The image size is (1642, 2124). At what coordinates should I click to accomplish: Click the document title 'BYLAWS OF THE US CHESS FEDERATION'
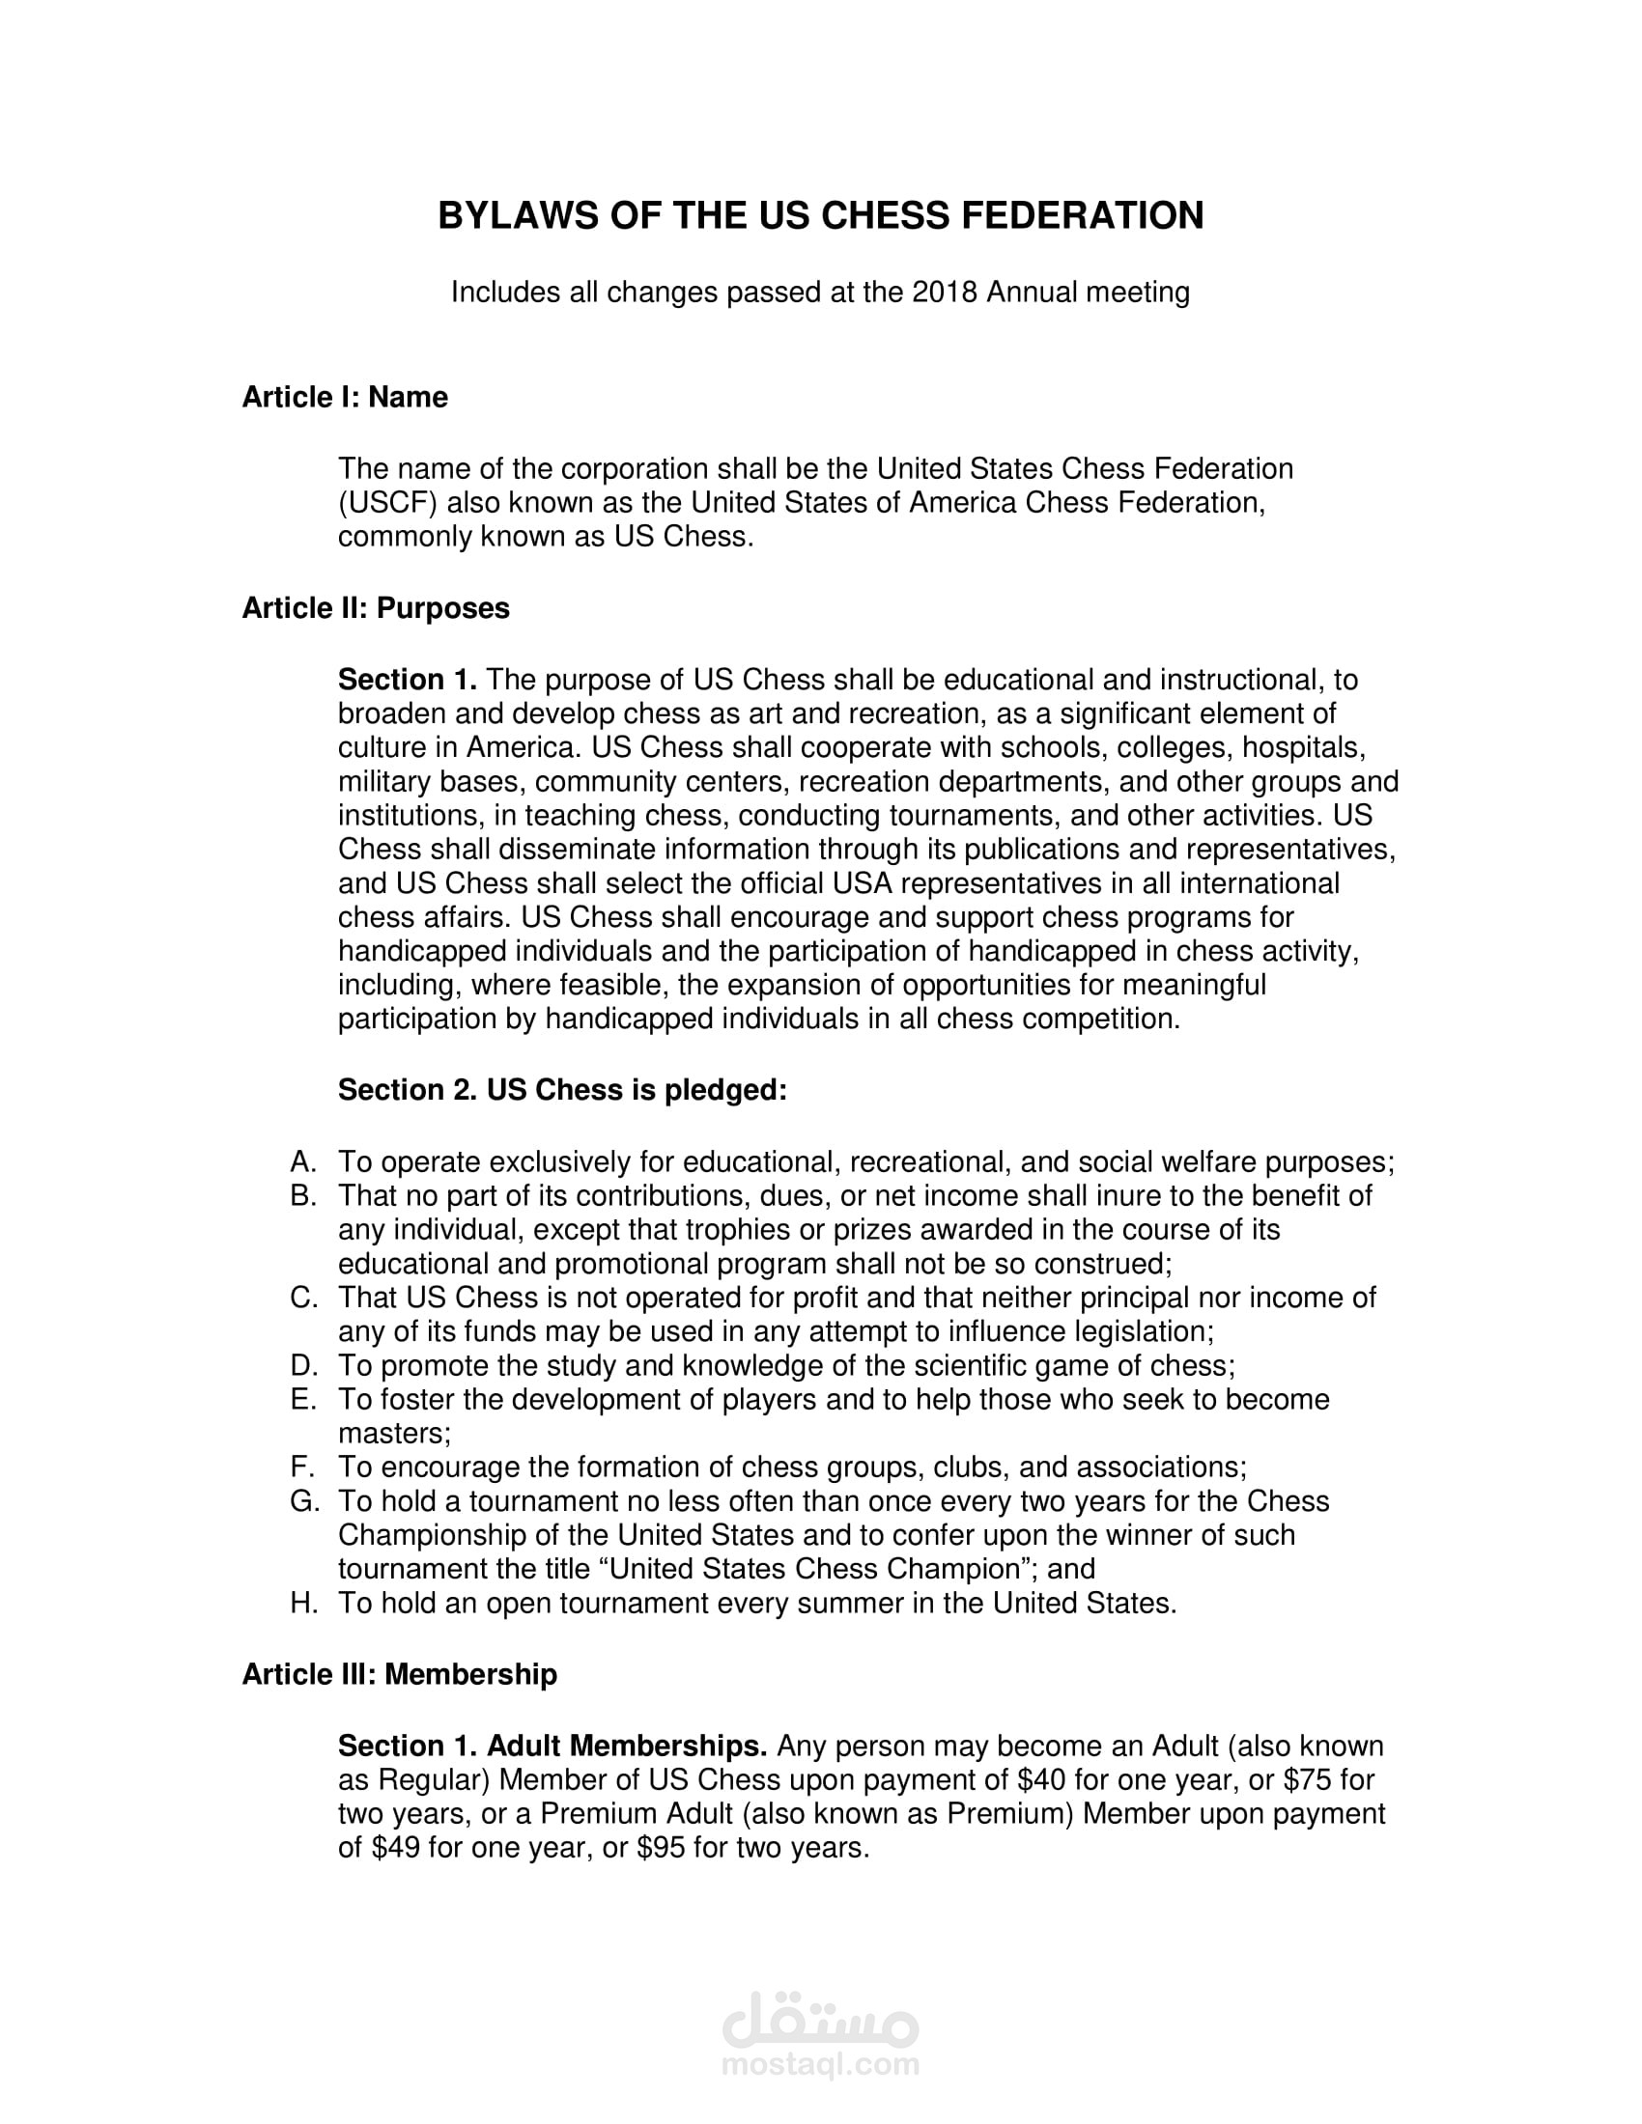pos(820,216)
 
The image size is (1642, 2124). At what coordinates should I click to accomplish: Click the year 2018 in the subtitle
pos(945,293)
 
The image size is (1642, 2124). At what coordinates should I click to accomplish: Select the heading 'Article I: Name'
pos(345,398)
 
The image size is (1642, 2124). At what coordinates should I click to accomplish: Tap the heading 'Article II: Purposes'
pos(376,609)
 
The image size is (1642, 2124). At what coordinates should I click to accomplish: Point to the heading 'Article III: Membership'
pos(399,1675)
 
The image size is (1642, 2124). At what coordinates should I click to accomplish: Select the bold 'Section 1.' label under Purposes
pos(407,680)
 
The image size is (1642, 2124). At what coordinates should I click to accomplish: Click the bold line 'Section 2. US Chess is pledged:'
pos(562,1090)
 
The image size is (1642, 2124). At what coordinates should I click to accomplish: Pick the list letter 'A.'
pos(304,1162)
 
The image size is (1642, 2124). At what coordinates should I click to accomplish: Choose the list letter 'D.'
pos(304,1365)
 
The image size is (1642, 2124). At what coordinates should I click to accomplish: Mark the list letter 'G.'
pos(304,1501)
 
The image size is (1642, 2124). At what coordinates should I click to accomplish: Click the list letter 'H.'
pos(304,1604)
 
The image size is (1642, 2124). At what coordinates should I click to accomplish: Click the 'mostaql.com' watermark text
pos(820,2065)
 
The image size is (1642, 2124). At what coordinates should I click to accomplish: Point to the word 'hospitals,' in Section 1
pos(1305,748)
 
